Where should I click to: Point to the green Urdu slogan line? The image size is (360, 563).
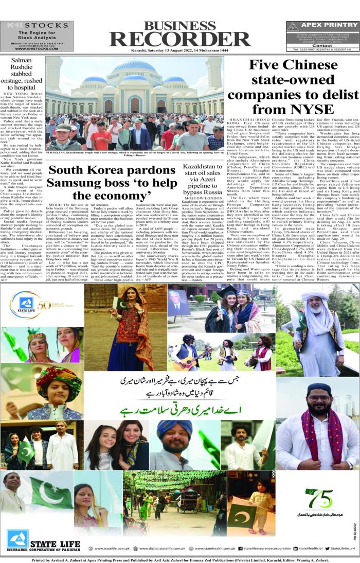click(x=178, y=412)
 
